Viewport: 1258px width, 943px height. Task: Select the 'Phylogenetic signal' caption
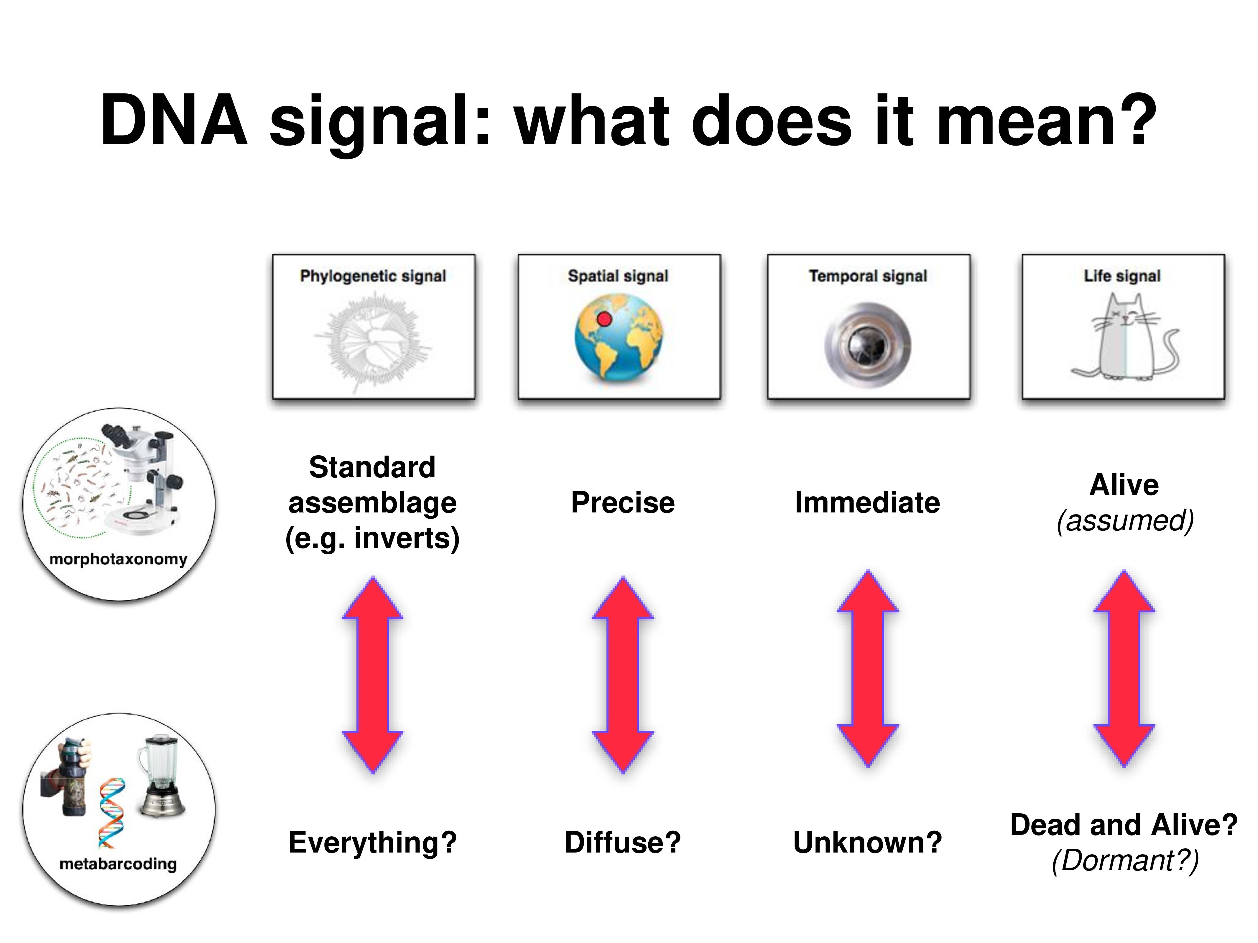tap(373, 276)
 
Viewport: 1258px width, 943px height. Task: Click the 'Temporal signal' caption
tap(868, 276)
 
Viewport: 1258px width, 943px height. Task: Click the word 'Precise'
tap(623, 502)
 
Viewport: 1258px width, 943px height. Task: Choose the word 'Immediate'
tap(867, 502)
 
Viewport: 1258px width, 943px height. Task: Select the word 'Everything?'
tap(373, 843)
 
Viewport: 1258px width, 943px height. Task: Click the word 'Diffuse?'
tap(623, 843)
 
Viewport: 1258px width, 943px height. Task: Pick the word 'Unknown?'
tap(867, 843)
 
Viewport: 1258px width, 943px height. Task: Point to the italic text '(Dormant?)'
tap(1125, 860)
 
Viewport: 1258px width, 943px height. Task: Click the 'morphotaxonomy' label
tap(118, 559)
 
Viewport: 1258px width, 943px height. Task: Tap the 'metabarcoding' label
tap(118, 864)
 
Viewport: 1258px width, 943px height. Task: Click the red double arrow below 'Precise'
tap(623, 675)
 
